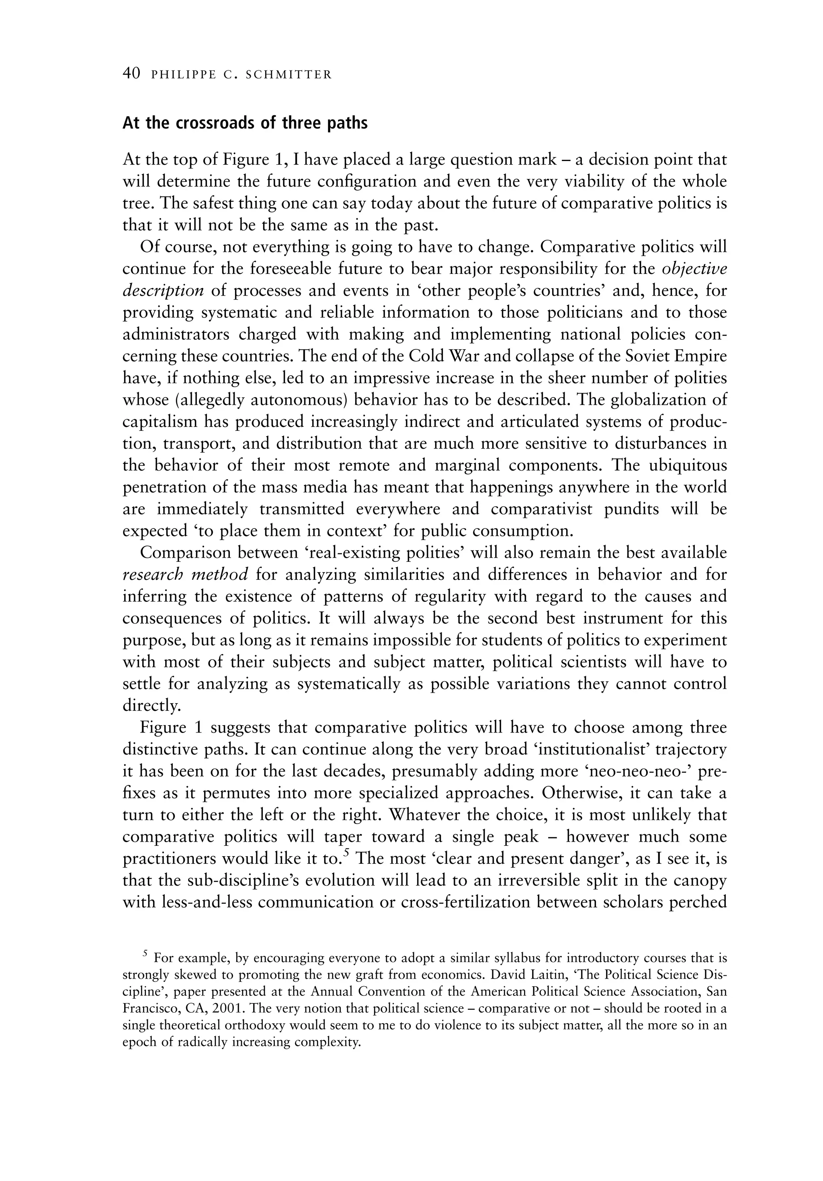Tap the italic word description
point(163,291)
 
